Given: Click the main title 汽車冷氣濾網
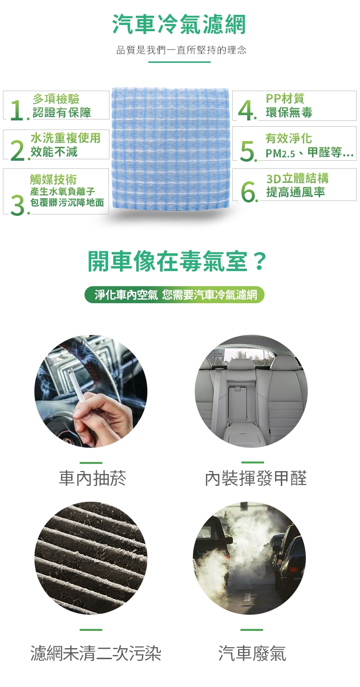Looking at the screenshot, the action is (x=179, y=24).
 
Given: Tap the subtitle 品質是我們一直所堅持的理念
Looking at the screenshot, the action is (x=181, y=50).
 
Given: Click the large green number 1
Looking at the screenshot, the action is (x=17, y=111).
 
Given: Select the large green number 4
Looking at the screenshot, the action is (x=246, y=111).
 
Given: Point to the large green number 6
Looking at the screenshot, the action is (x=249, y=192).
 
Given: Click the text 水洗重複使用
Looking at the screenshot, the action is (x=65, y=138).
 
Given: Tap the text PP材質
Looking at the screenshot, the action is (x=285, y=98).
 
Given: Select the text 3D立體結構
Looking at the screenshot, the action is (x=298, y=178).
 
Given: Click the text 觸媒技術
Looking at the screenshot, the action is (x=53, y=179).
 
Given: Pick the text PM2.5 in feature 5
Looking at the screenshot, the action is (x=280, y=153).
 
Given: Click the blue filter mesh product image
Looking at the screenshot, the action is (x=170, y=148).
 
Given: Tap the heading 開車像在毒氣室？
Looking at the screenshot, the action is (x=178, y=261).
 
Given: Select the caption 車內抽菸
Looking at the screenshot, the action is (x=92, y=478).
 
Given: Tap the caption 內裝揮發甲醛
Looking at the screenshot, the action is (x=256, y=478).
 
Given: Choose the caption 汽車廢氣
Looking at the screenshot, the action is (x=252, y=653).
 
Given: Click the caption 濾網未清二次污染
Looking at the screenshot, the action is (x=96, y=653).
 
